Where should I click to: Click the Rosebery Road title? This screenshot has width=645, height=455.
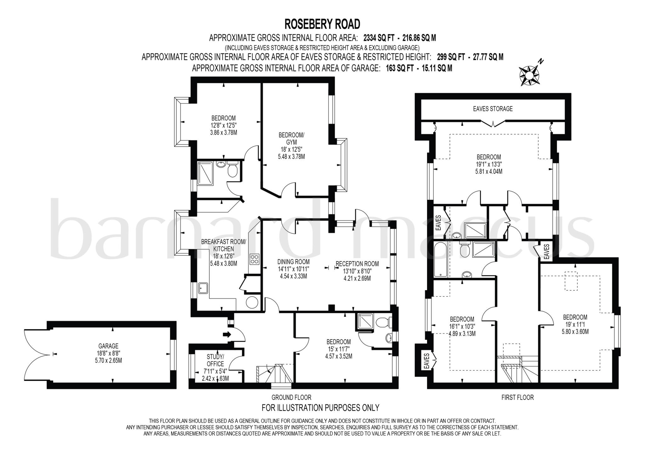(x=322, y=24)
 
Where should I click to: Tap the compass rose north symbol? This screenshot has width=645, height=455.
(x=529, y=76)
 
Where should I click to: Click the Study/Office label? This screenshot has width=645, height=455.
(x=215, y=360)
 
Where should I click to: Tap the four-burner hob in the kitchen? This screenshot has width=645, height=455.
(x=254, y=259)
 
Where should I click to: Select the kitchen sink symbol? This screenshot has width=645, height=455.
(x=203, y=288)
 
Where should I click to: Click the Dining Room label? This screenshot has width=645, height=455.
(x=293, y=262)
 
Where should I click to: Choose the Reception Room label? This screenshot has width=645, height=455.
(x=357, y=264)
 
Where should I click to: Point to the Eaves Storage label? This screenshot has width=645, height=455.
(x=493, y=109)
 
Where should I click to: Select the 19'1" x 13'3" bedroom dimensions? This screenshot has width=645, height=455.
(x=488, y=164)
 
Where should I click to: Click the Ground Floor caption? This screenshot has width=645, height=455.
(x=291, y=397)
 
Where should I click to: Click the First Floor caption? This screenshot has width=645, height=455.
(x=517, y=397)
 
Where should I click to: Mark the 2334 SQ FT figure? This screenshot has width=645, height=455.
(x=379, y=38)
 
